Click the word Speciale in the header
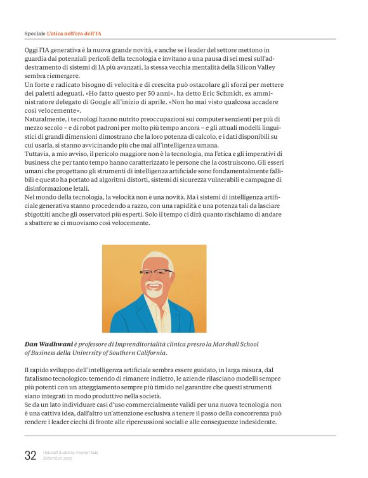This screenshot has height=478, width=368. [34, 32]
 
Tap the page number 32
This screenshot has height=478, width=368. [30, 455]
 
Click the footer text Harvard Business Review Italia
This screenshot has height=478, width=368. [70, 452]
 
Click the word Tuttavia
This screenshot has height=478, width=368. [39, 153]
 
